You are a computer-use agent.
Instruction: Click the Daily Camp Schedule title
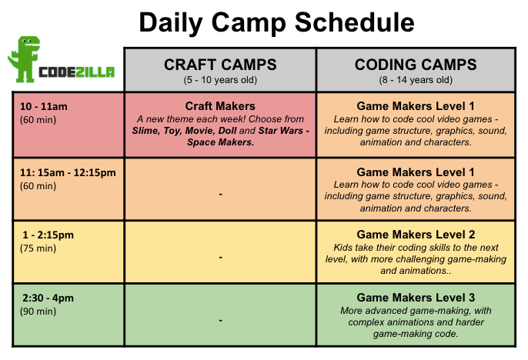276,22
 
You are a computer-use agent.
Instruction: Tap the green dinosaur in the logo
24,59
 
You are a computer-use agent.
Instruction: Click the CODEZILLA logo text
76,72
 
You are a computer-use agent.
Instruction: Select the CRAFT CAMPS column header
220,65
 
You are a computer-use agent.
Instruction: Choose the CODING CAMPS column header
416,65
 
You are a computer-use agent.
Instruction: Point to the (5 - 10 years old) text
220,80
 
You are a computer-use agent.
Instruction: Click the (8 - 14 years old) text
416,80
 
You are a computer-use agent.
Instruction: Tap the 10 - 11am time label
43,107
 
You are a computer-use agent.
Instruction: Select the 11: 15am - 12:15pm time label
68,172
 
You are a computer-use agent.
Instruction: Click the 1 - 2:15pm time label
48,235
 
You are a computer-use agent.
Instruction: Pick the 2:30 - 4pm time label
48,298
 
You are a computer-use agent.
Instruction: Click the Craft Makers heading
220,106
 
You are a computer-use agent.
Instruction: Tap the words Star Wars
280,131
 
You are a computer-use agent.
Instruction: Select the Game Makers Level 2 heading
416,235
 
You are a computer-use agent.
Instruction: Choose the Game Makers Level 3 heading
416,298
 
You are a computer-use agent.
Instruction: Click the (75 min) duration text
38,248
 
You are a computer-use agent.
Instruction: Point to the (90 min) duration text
38,312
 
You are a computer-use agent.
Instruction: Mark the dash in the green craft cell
220,320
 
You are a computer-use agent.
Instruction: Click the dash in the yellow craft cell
220,258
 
